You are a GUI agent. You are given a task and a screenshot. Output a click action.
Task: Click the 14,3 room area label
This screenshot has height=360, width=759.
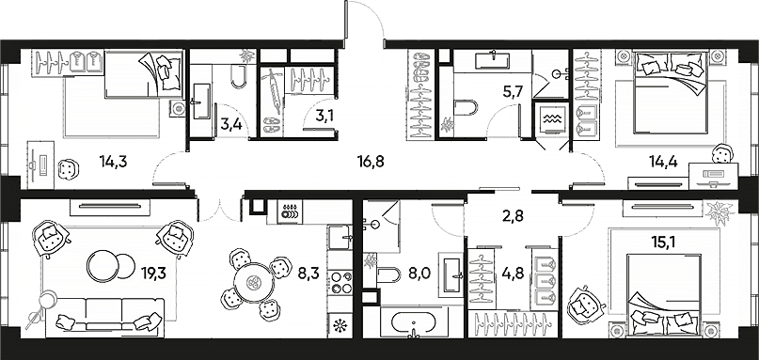pos(113,161)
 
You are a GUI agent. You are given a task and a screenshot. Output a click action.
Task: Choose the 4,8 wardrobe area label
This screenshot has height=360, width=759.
pos(509,276)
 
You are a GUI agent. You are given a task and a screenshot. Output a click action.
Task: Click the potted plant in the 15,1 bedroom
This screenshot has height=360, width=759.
pos(720,214)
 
